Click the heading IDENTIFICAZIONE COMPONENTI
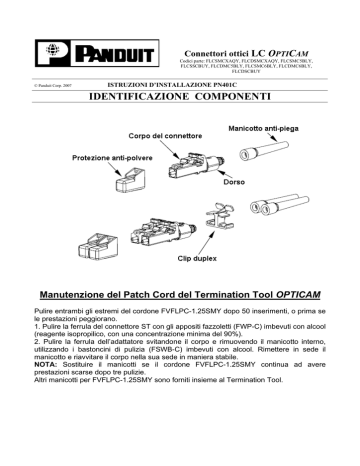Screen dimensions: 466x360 [x=180, y=101]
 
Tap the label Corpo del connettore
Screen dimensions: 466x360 [x=166, y=135]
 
